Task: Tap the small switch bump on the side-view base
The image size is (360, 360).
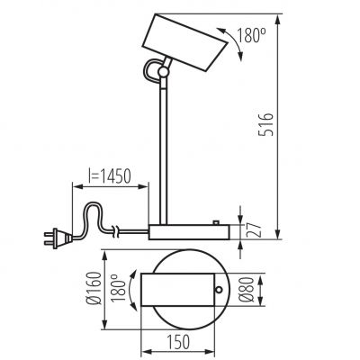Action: click(216, 221)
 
